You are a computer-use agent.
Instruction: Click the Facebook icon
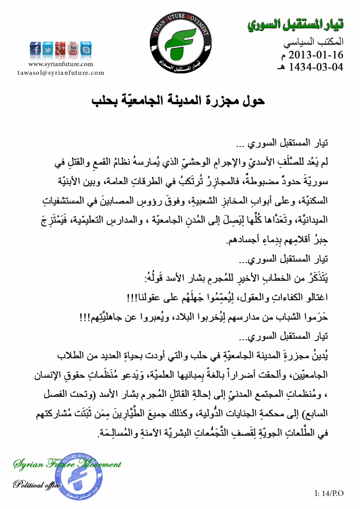[x=35, y=49]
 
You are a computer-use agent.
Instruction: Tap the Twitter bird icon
[x=48, y=49]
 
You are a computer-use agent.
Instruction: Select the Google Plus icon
[x=60, y=49]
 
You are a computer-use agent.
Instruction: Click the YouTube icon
[x=73, y=49]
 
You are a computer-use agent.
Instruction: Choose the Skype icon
[x=86, y=49]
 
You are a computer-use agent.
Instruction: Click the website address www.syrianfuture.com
[x=61, y=64]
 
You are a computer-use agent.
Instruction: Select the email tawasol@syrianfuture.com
[x=61, y=73]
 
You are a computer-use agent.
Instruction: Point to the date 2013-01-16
[x=315, y=55]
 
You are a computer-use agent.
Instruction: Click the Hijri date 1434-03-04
[x=315, y=67]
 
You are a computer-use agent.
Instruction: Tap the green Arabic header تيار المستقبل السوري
[x=295, y=25]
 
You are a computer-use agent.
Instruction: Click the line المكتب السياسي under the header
[x=313, y=42]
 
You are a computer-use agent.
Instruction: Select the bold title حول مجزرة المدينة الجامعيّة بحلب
[x=178, y=100]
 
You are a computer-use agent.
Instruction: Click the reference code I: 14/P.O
[x=329, y=493]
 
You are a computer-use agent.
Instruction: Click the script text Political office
[x=37, y=484]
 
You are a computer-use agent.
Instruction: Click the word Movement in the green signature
[x=99, y=464]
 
